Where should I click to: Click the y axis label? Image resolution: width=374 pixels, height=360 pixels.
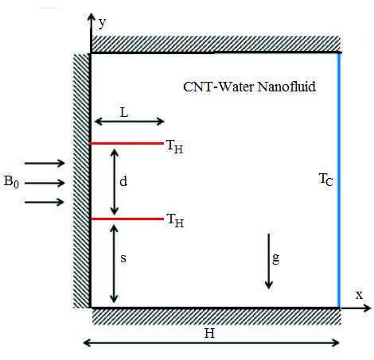[x=102, y=23]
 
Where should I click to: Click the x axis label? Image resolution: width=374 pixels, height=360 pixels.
[x=359, y=295]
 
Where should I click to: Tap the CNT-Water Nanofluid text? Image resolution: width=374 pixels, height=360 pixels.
[x=249, y=87]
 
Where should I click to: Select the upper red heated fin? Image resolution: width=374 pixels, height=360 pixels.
[x=127, y=143]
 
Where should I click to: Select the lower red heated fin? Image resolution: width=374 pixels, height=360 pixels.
[x=127, y=219]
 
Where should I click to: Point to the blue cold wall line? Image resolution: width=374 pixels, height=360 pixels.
[x=339, y=180]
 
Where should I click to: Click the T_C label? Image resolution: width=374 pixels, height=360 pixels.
[x=325, y=180]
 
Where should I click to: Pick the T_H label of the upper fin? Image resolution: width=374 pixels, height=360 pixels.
[x=174, y=146]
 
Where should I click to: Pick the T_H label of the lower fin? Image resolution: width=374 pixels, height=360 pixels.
[x=175, y=221]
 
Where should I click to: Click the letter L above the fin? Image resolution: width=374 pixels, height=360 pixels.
[x=124, y=113]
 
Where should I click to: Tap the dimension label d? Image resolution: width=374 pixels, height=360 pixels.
[x=123, y=181]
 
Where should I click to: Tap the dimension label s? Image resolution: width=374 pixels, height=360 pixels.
[x=123, y=258]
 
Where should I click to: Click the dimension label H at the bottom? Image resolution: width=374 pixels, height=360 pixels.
[x=209, y=333]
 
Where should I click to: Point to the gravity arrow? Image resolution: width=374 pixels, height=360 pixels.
[x=269, y=261]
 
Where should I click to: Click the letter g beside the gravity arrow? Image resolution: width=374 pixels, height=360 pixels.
[x=276, y=258]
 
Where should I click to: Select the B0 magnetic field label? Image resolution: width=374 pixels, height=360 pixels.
[x=11, y=181]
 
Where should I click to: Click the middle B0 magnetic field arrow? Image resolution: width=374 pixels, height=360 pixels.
[x=45, y=183]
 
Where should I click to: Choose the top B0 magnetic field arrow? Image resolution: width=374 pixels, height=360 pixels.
[x=45, y=163]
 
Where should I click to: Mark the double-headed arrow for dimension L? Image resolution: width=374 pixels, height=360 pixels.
[x=129, y=122]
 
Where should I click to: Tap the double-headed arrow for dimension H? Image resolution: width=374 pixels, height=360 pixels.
[x=212, y=343]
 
